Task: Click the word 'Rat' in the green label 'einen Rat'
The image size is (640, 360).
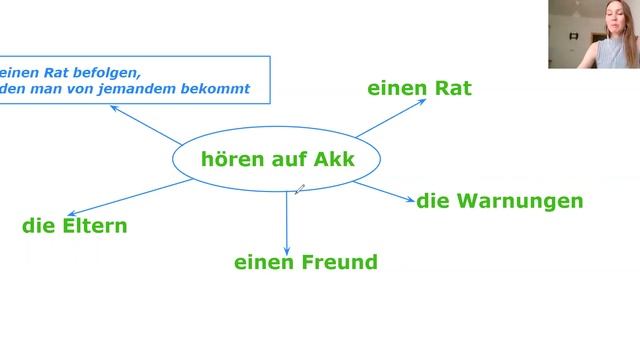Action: (x=451, y=88)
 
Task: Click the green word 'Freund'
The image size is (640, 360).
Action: (x=340, y=263)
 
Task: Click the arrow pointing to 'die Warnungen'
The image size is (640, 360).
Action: (x=385, y=192)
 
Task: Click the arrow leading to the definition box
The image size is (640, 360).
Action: (x=145, y=125)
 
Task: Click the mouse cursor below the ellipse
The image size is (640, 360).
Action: (x=298, y=188)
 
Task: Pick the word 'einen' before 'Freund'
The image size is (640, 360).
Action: (x=264, y=263)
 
